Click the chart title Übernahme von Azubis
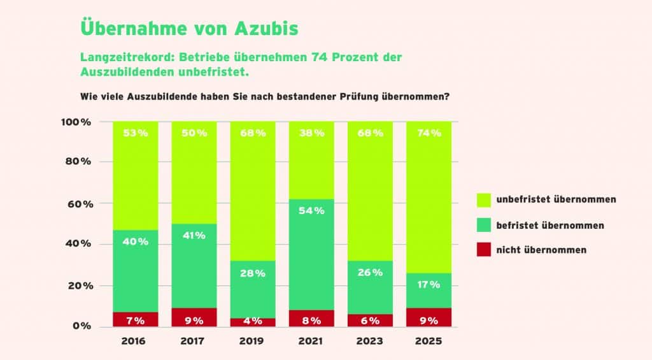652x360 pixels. pos(189,28)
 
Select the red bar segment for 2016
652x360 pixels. pos(136,319)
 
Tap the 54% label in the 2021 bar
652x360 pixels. pos(311,211)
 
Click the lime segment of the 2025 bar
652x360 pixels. pos(429,198)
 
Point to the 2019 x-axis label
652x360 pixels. pos(251,342)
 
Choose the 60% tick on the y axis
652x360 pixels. pos(80,204)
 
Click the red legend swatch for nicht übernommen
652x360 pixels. pos(484,250)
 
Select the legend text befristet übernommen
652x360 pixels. pos(550,225)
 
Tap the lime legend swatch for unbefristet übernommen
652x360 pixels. pos(484,200)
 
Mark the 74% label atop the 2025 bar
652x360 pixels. pos(429,133)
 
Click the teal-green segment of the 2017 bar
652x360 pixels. pos(194,266)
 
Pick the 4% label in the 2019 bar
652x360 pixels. pos(253,321)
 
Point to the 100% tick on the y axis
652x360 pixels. pos(76,122)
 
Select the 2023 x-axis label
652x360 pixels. pos(369,342)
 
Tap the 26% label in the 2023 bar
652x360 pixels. pos(370,272)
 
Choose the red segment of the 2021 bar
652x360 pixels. pos(311,319)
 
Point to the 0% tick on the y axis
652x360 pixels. pos(81,326)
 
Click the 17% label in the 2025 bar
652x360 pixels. pos(429,285)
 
